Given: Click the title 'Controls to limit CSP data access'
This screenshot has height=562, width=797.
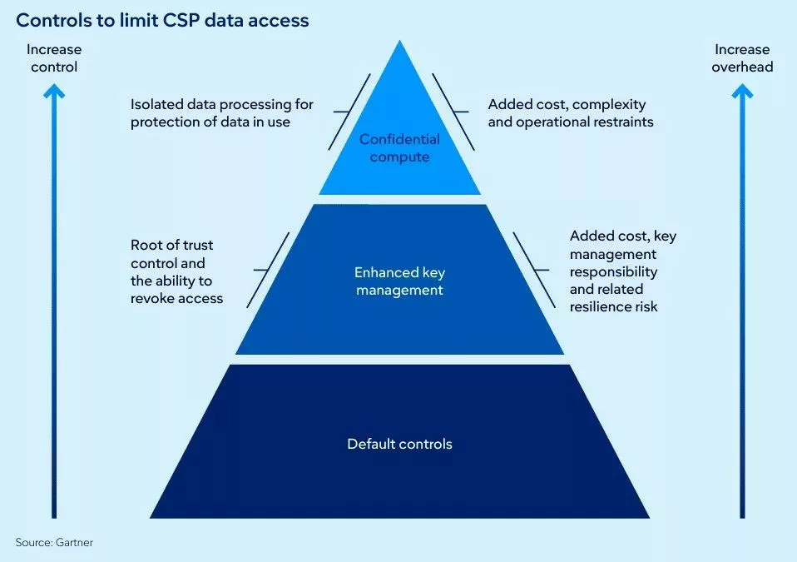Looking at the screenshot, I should (162, 21).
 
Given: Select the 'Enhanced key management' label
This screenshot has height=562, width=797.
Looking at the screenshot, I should (398, 281).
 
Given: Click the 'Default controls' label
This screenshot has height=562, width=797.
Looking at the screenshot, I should (399, 444).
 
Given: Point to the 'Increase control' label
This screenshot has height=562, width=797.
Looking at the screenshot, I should (54, 57).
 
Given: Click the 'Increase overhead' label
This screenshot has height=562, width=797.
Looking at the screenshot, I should (742, 57).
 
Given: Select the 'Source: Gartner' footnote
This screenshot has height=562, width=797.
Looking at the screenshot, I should (54, 542).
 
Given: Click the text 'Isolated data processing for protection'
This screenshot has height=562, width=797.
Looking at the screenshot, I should (221, 113).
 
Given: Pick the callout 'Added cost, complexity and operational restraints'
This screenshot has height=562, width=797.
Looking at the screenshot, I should (570, 113).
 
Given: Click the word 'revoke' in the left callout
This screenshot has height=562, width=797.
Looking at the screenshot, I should (153, 298).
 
